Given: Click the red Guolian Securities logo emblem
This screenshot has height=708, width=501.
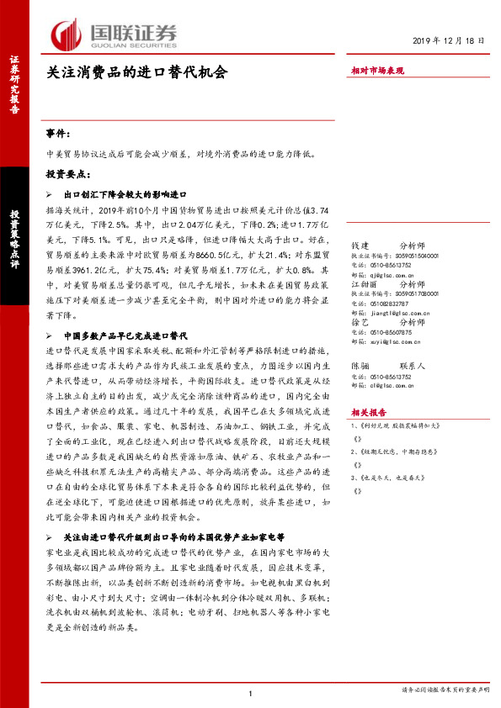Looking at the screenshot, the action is click(67, 34).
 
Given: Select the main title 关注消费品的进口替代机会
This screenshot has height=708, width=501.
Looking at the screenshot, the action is click(136, 73).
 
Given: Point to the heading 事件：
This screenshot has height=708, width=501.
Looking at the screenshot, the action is click(60, 134).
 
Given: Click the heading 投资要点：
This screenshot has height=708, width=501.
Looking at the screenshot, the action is click(68, 174).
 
